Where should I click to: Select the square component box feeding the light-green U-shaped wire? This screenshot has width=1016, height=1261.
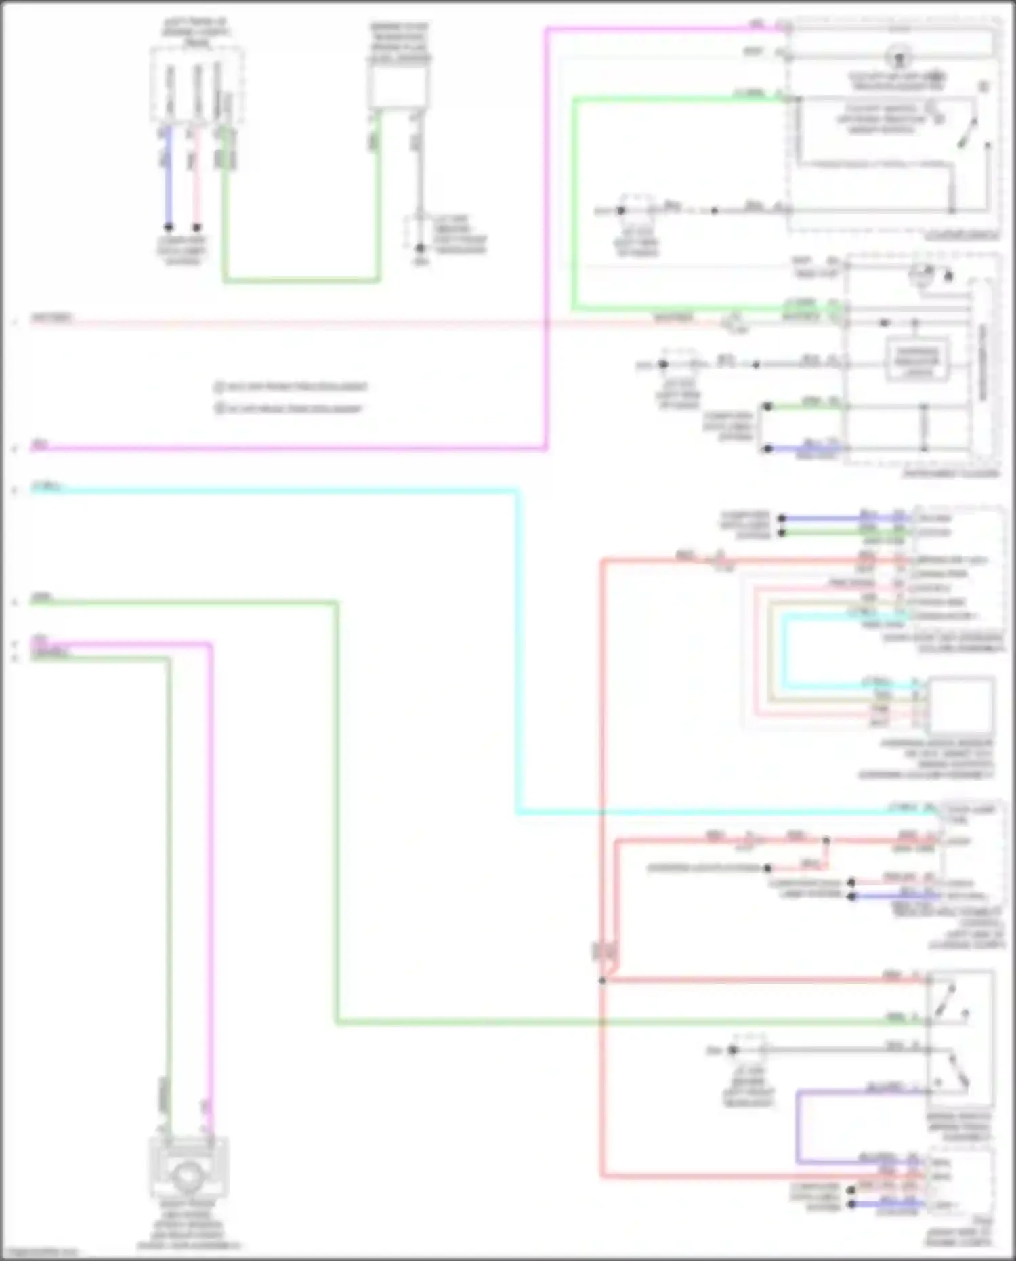tap(398, 87)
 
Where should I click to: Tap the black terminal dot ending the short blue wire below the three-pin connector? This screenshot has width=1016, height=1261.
tap(169, 228)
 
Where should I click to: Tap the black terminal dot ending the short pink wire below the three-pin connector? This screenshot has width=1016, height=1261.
tap(196, 228)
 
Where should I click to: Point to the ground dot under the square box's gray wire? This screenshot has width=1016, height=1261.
tap(420, 248)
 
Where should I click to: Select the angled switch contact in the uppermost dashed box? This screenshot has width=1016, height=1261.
tap(967, 133)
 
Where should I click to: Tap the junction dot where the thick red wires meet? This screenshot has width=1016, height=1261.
tap(602, 980)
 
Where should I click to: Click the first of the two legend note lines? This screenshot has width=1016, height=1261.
tap(291, 387)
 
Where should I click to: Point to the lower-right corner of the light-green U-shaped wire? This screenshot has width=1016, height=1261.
tap(378, 280)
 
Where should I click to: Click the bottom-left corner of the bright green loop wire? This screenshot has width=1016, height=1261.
tap(574, 309)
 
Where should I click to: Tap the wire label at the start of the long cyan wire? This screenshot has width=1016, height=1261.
tap(47, 487)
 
